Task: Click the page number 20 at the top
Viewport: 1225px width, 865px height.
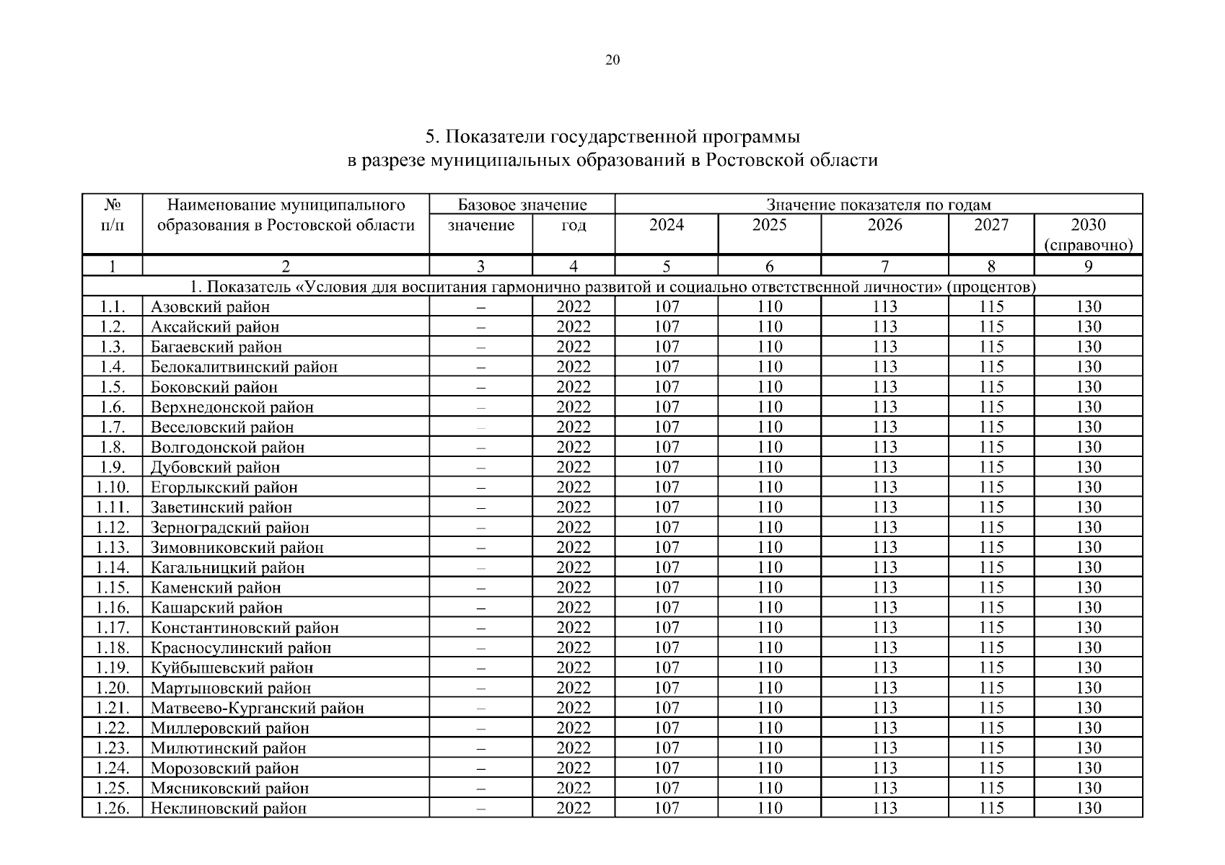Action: (612, 60)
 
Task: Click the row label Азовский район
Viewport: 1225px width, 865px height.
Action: (210, 307)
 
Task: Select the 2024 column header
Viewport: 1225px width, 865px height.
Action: (666, 225)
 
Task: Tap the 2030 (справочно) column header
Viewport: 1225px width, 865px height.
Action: (1088, 234)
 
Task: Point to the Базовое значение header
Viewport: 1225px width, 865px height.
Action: (522, 205)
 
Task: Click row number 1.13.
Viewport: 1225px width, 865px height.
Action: (113, 548)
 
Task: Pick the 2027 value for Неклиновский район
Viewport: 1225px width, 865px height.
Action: (991, 809)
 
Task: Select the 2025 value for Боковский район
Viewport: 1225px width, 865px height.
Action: (769, 387)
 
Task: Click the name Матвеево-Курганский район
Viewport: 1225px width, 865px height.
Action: (257, 709)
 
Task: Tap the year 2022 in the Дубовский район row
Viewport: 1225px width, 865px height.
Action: (573, 468)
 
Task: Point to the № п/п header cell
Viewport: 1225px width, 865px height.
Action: (113, 215)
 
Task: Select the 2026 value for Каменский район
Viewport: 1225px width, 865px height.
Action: (884, 588)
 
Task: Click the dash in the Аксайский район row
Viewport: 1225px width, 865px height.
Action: (480, 327)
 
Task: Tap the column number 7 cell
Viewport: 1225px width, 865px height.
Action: (884, 267)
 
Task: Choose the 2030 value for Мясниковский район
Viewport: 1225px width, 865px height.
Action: (1088, 789)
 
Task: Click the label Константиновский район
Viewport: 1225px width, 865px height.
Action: (245, 628)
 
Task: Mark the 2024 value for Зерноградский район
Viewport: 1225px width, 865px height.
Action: (666, 528)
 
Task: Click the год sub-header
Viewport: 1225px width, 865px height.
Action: (573, 225)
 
